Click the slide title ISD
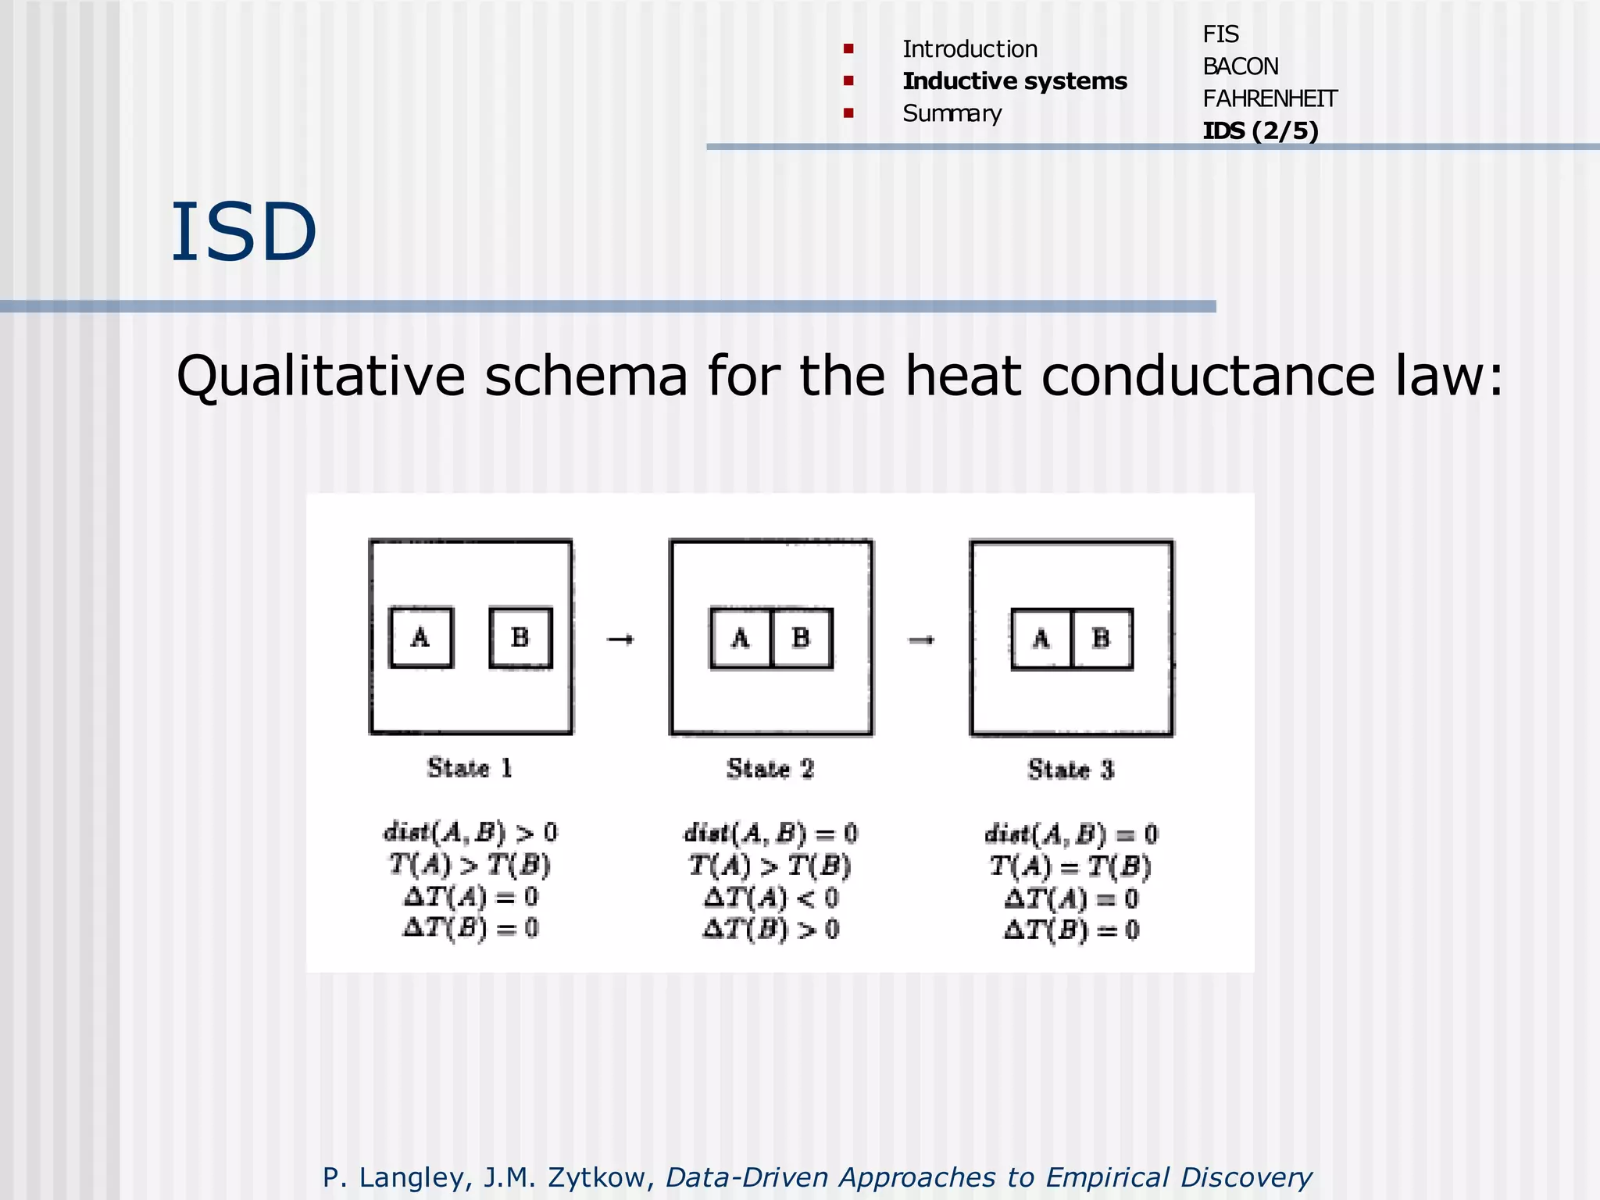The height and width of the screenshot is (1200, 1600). (244, 232)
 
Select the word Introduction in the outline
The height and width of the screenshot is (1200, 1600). (970, 49)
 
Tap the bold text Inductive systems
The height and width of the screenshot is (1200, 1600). (1014, 81)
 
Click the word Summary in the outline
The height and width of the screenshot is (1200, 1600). (952, 114)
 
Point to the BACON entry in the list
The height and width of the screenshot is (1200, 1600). (1240, 66)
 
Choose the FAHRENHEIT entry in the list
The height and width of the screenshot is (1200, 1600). (1270, 98)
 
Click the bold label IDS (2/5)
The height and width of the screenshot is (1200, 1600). (1260, 130)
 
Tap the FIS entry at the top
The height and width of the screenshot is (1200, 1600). (1220, 34)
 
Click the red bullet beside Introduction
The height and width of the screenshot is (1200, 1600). (848, 49)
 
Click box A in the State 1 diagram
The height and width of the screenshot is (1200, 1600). (421, 638)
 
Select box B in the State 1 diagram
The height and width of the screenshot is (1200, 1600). (520, 638)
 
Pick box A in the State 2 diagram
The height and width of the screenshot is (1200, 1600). (741, 639)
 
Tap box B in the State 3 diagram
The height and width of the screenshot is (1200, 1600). (1102, 640)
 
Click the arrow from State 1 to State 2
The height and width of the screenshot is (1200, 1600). (620, 640)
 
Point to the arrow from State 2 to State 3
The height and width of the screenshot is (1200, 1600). (922, 641)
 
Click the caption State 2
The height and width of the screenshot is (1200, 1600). (770, 769)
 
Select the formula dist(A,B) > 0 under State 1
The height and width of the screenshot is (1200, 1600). (470, 832)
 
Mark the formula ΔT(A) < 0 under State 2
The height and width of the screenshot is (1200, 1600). (770, 898)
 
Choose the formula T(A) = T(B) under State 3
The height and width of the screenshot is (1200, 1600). (1070, 866)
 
